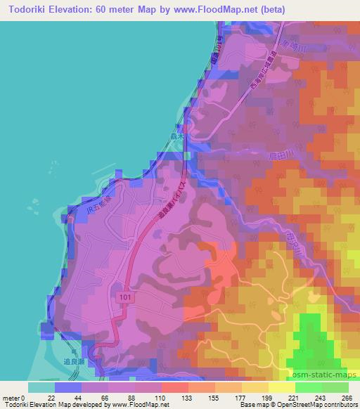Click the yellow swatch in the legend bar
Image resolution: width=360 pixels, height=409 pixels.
pyautogui.click(x=255, y=387)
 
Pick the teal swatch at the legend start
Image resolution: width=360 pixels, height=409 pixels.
pyautogui.click(x=41, y=387)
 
